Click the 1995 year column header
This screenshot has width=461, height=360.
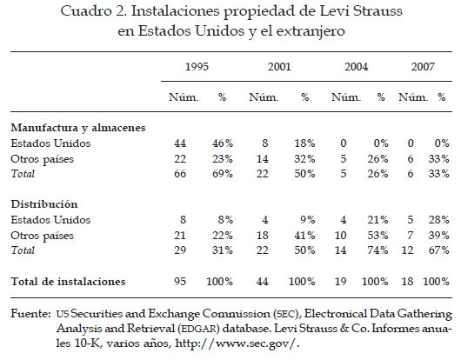pos(197,67)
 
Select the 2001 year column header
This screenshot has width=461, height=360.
pos(279,67)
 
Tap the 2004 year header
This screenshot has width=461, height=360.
pos(356,67)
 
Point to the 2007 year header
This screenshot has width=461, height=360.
pos(423,67)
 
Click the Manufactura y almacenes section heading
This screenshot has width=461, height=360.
pos(78,128)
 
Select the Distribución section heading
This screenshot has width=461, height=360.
pos(44,204)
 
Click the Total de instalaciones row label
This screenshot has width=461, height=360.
pos(68,282)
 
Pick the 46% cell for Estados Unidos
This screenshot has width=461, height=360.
pos(223,143)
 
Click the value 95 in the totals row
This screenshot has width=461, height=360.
pos(180,282)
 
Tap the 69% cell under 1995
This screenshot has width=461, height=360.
pos(223,174)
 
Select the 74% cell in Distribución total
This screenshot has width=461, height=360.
pos(377,250)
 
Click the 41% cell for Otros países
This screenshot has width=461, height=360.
pos(305,236)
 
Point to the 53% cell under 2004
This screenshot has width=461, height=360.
pos(377,236)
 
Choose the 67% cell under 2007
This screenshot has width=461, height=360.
pos(439,250)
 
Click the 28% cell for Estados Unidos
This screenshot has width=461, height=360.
pos(439,220)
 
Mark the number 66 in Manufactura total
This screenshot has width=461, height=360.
pos(180,174)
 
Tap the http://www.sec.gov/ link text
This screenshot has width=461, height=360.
pos(237,343)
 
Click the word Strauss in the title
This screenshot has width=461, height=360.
pos(377,11)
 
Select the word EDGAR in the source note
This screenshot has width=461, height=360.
pos(198,329)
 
